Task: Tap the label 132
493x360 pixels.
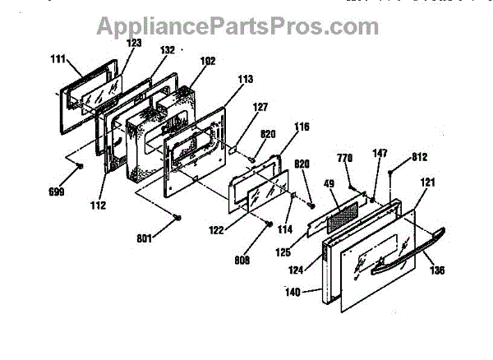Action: tap(167, 50)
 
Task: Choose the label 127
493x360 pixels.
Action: tap(260, 106)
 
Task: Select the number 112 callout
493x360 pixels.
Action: tap(98, 205)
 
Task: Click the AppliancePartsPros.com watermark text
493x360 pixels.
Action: tap(226, 27)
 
